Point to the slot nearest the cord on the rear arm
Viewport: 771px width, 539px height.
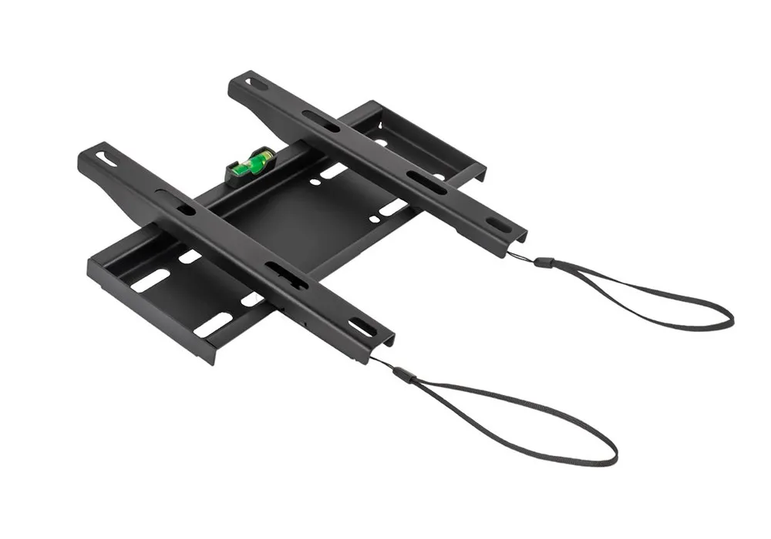[x=498, y=224]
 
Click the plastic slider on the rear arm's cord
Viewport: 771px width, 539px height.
[x=544, y=263]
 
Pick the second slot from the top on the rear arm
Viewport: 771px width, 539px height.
[x=321, y=121]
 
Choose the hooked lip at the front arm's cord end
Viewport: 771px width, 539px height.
[x=385, y=343]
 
